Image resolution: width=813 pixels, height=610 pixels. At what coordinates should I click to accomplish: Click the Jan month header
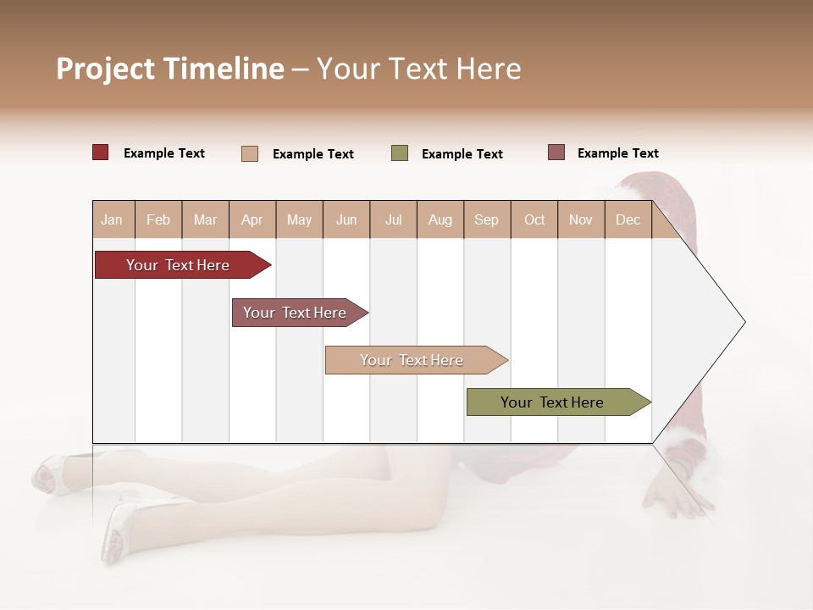pyautogui.click(x=113, y=219)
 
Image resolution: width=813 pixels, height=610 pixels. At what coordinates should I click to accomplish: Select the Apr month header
pyautogui.click(x=252, y=219)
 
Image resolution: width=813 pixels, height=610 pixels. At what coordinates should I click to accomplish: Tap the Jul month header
pyautogui.click(x=393, y=219)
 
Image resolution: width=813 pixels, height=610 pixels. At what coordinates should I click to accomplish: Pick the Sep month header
pyautogui.click(x=486, y=219)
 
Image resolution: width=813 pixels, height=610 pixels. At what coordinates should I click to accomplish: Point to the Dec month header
pyautogui.click(x=628, y=219)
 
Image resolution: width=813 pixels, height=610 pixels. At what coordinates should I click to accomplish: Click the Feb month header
pyautogui.click(x=158, y=219)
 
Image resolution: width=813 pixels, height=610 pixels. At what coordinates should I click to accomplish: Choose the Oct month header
pyautogui.click(x=534, y=219)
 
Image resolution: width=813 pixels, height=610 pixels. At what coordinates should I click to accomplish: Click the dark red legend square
pyautogui.click(x=101, y=152)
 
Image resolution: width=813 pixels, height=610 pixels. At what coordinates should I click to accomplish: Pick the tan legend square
pyautogui.click(x=250, y=153)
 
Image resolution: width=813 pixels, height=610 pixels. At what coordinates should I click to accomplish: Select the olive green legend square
pyautogui.click(x=400, y=153)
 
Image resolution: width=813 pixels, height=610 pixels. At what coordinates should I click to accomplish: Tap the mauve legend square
pyautogui.click(x=556, y=152)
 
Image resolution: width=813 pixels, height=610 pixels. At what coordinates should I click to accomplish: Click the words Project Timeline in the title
pyautogui.click(x=170, y=69)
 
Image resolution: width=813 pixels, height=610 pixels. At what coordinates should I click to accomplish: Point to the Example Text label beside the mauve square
pyautogui.click(x=617, y=153)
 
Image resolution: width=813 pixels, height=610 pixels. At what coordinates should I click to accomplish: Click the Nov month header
pyautogui.click(x=581, y=219)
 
